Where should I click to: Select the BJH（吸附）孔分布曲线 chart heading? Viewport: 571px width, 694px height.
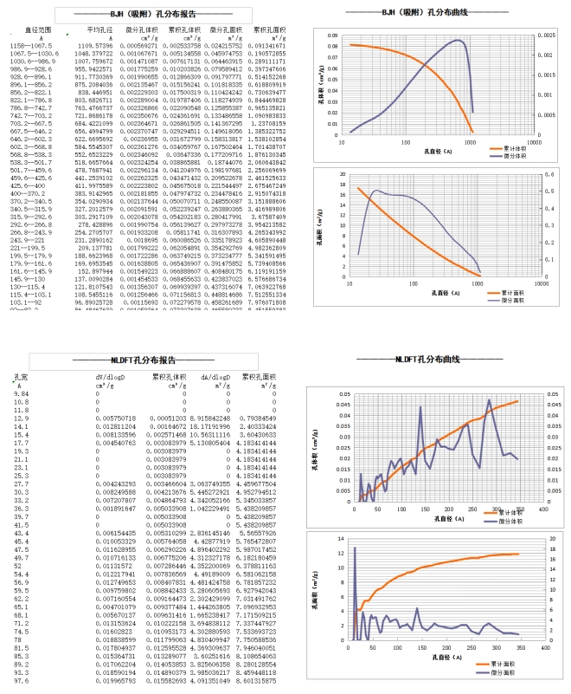[x=426, y=13]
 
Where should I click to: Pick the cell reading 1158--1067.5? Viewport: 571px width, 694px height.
[x=29, y=45]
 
